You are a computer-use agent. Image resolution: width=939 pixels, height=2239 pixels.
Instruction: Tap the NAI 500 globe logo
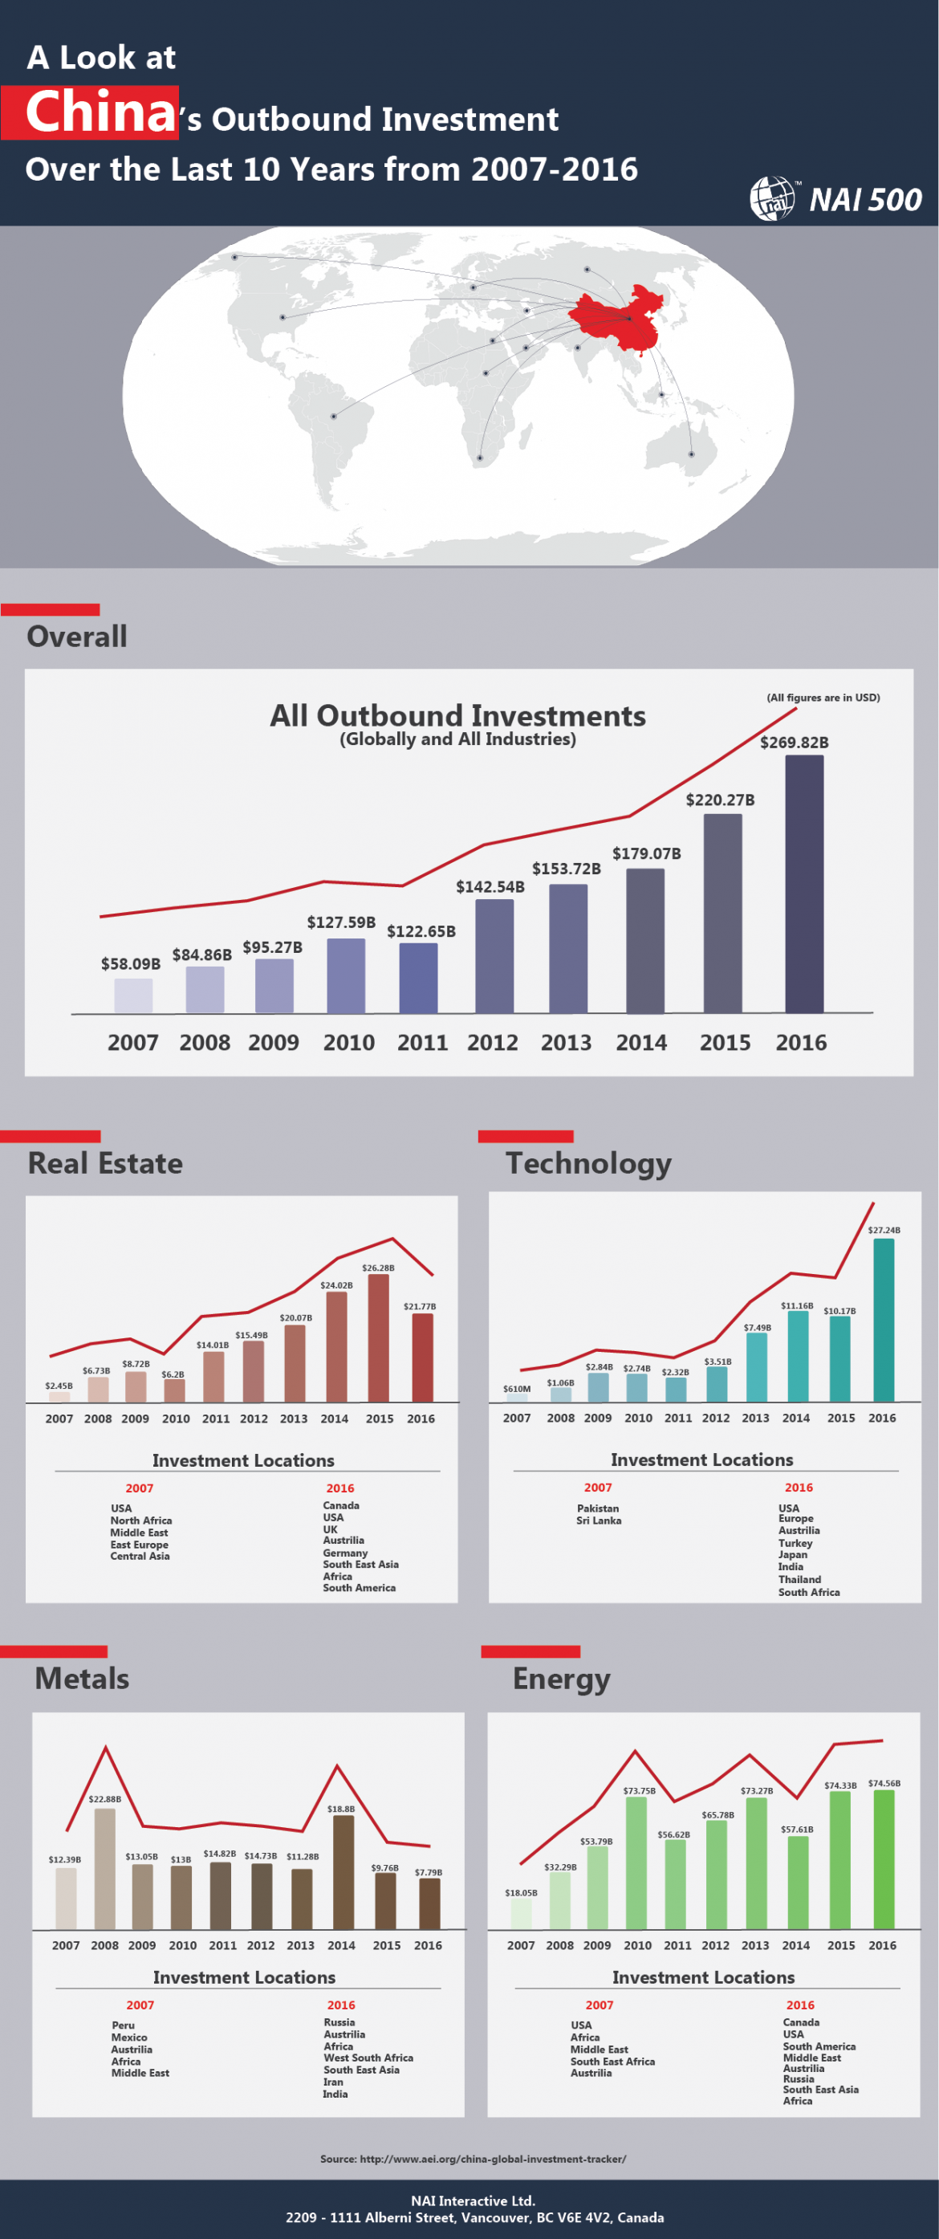coord(772,199)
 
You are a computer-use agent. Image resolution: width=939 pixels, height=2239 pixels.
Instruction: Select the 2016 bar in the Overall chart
coord(803,884)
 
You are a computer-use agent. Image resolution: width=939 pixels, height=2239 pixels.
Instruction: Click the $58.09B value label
coord(130,964)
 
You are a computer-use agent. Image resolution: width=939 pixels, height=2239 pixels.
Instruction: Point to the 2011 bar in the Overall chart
coord(418,978)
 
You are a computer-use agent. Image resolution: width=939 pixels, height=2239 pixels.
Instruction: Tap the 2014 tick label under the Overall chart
coord(641,1042)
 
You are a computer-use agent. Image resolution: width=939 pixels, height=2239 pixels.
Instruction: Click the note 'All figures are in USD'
coord(823,697)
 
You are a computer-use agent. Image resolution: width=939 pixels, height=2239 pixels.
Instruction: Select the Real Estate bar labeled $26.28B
coord(378,1337)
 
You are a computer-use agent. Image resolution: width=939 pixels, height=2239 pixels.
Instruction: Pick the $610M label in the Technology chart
coord(516,1389)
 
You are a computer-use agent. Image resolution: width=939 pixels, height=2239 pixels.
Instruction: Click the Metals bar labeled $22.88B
coord(105,1869)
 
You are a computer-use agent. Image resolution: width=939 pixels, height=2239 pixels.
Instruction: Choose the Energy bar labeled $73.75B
coord(636,1862)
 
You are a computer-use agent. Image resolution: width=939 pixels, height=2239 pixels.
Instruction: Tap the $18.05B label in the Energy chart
coord(520,1892)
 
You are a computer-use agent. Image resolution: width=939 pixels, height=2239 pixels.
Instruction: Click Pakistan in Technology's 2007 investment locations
coord(598,1508)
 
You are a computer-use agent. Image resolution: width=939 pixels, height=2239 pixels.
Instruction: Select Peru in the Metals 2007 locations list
coord(124,2025)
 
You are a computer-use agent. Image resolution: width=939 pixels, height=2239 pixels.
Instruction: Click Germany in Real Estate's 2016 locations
coord(345,1553)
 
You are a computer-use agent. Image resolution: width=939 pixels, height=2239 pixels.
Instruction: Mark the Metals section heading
coord(82,1679)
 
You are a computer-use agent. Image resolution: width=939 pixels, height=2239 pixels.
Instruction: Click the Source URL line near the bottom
coord(473,2158)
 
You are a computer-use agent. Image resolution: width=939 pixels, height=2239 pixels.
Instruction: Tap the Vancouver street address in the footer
coord(474,2217)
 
